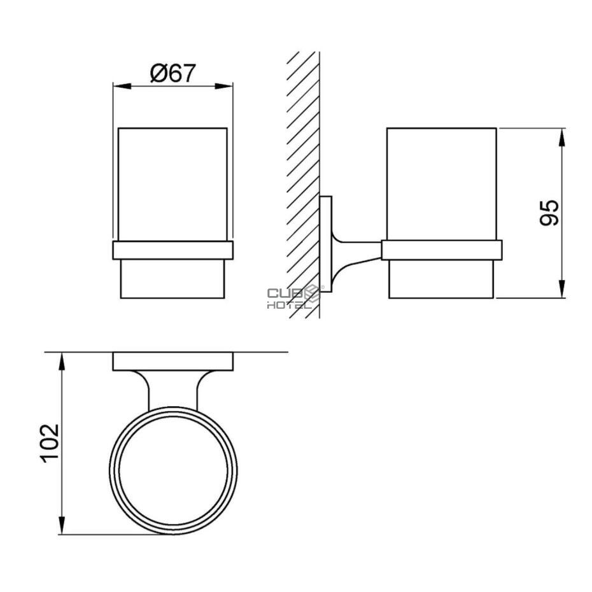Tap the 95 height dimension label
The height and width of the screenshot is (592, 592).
click(549, 213)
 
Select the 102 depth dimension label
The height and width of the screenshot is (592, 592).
click(50, 444)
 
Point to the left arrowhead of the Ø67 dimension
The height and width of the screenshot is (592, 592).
click(122, 86)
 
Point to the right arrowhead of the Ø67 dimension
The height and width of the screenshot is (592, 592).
click(224, 86)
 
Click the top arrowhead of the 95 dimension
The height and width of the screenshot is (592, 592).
click(562, 137)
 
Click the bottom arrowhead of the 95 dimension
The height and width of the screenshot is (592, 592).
click(562, 289)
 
